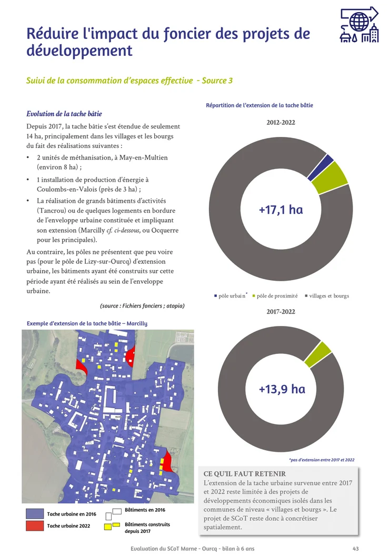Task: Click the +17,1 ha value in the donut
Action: (x=281, y=210)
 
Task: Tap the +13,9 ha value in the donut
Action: (x=282, y=389)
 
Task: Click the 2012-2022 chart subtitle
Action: (x=281, y=123)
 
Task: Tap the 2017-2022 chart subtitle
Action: (x=281, y=311)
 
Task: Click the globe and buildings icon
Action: (x=359, y=25)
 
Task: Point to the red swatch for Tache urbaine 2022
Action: (x=35, y=526)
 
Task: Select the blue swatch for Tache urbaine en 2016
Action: (x=35, y=513)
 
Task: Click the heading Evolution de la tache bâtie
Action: (x=64, y=114)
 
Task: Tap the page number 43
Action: (x=356, y=549)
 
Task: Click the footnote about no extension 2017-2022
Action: (x=322, y=460)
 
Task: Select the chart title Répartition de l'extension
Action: (x=259, y=105)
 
